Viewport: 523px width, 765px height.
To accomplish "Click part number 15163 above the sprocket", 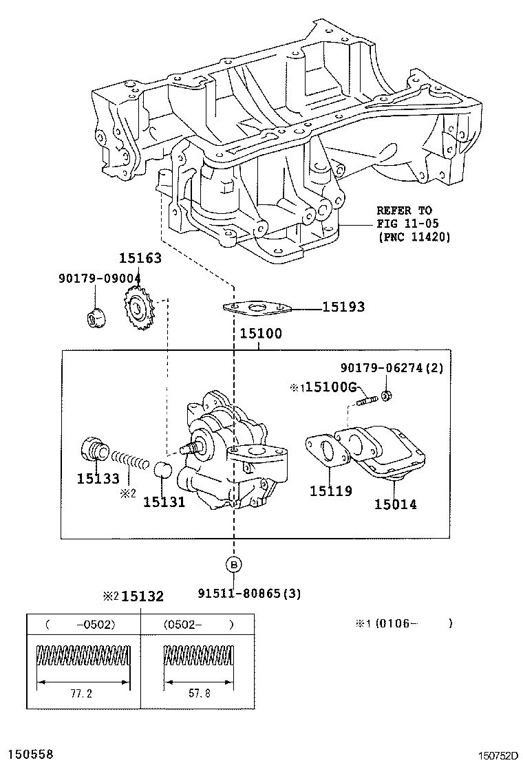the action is [x=140, y=258].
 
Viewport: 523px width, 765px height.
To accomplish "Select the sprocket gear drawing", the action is [x=139, y=308].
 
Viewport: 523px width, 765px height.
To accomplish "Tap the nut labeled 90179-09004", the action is [x=94, y=318].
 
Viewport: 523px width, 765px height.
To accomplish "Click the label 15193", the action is [x=343, y=307].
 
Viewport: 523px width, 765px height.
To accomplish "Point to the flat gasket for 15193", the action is [x=257, y=308].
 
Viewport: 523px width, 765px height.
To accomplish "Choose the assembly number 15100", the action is [x=261, y=334].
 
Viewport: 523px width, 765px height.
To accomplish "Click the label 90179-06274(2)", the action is [x=392, y=367].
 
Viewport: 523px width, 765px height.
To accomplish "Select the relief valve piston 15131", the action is [x=163, y=470].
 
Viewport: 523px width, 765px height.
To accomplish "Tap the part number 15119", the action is [x=331, y=491].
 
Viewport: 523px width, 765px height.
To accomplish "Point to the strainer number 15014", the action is [x=396, y=504].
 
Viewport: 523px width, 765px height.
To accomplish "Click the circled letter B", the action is [x=234, y=565].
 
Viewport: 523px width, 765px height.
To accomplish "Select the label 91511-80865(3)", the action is [x=249, y=593].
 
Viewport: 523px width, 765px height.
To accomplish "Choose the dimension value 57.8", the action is [x=200, y=693].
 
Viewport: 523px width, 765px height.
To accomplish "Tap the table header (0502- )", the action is [x=198, y=625].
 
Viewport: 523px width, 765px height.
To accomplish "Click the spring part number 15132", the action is [x=142, y=596].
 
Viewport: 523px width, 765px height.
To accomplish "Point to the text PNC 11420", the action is [x=414, y=237].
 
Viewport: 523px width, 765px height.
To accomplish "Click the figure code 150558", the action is [x=27, y=754].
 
